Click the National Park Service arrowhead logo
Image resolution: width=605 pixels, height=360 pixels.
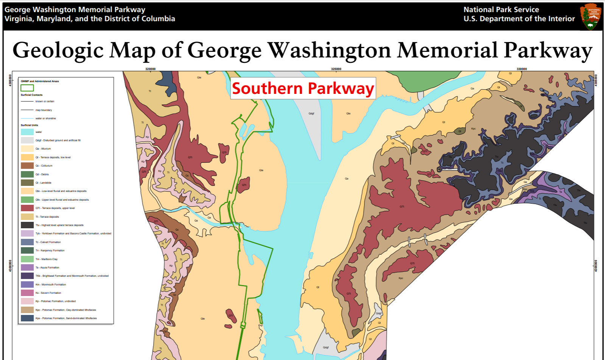[591, 16]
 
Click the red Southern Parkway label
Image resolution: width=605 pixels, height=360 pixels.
[303, 89]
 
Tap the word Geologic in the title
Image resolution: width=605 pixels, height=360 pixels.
[58, 50]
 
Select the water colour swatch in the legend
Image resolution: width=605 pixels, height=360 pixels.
[27, 132]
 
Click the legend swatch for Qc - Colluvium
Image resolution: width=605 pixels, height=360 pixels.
[27, 166]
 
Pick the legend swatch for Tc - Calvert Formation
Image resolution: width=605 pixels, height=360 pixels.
[27, 242]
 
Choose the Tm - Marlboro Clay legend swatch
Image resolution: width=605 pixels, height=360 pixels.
[27, 259]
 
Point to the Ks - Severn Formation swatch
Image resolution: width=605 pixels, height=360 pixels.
[27, 293]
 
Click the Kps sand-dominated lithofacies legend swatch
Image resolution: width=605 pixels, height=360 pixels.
[27, 318]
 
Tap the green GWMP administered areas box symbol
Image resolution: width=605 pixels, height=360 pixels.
[27, 88]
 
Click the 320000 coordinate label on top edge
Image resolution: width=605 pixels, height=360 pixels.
[150, 69]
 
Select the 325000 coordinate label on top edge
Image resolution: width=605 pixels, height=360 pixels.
[336, 69]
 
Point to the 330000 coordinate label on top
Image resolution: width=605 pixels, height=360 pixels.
[522, 69]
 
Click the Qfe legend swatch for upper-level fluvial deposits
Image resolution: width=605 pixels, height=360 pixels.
[27, 199]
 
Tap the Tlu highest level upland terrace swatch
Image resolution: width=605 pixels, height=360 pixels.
[27, 225]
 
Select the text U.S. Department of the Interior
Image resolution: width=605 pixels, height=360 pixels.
[519, 19]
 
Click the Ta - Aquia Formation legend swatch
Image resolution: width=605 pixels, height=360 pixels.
[27, 267]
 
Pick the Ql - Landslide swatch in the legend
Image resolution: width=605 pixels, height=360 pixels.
[27, 182]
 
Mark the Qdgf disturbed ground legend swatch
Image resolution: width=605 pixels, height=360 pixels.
[27, 140]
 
